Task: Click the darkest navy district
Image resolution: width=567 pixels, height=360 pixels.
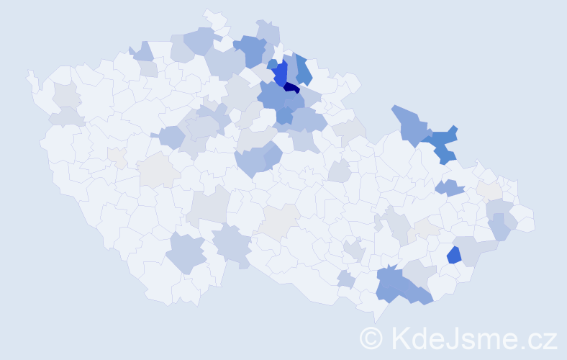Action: point(291,88)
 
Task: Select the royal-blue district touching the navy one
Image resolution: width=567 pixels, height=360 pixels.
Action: point(280,73)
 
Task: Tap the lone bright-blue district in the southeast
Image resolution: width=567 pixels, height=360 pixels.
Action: point(453,255)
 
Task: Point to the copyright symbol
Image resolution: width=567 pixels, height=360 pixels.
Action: point(371,337)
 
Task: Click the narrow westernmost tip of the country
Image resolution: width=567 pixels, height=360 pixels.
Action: point(30,75)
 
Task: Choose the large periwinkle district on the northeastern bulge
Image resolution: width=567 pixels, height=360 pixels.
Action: point(409,122)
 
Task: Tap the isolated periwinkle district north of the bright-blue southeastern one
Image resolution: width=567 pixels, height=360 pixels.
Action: point(450,188)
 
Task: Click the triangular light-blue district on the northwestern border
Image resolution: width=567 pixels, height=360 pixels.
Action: point(142,51)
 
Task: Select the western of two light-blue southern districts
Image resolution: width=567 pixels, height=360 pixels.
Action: point(186,253)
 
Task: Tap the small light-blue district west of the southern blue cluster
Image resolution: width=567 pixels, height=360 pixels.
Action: point(345,279)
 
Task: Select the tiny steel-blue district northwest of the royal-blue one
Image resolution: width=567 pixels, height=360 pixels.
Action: point(271,64)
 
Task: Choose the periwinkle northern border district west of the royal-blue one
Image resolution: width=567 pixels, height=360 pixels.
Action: point(251,49)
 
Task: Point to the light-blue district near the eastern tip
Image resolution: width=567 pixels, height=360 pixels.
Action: point(501,226)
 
